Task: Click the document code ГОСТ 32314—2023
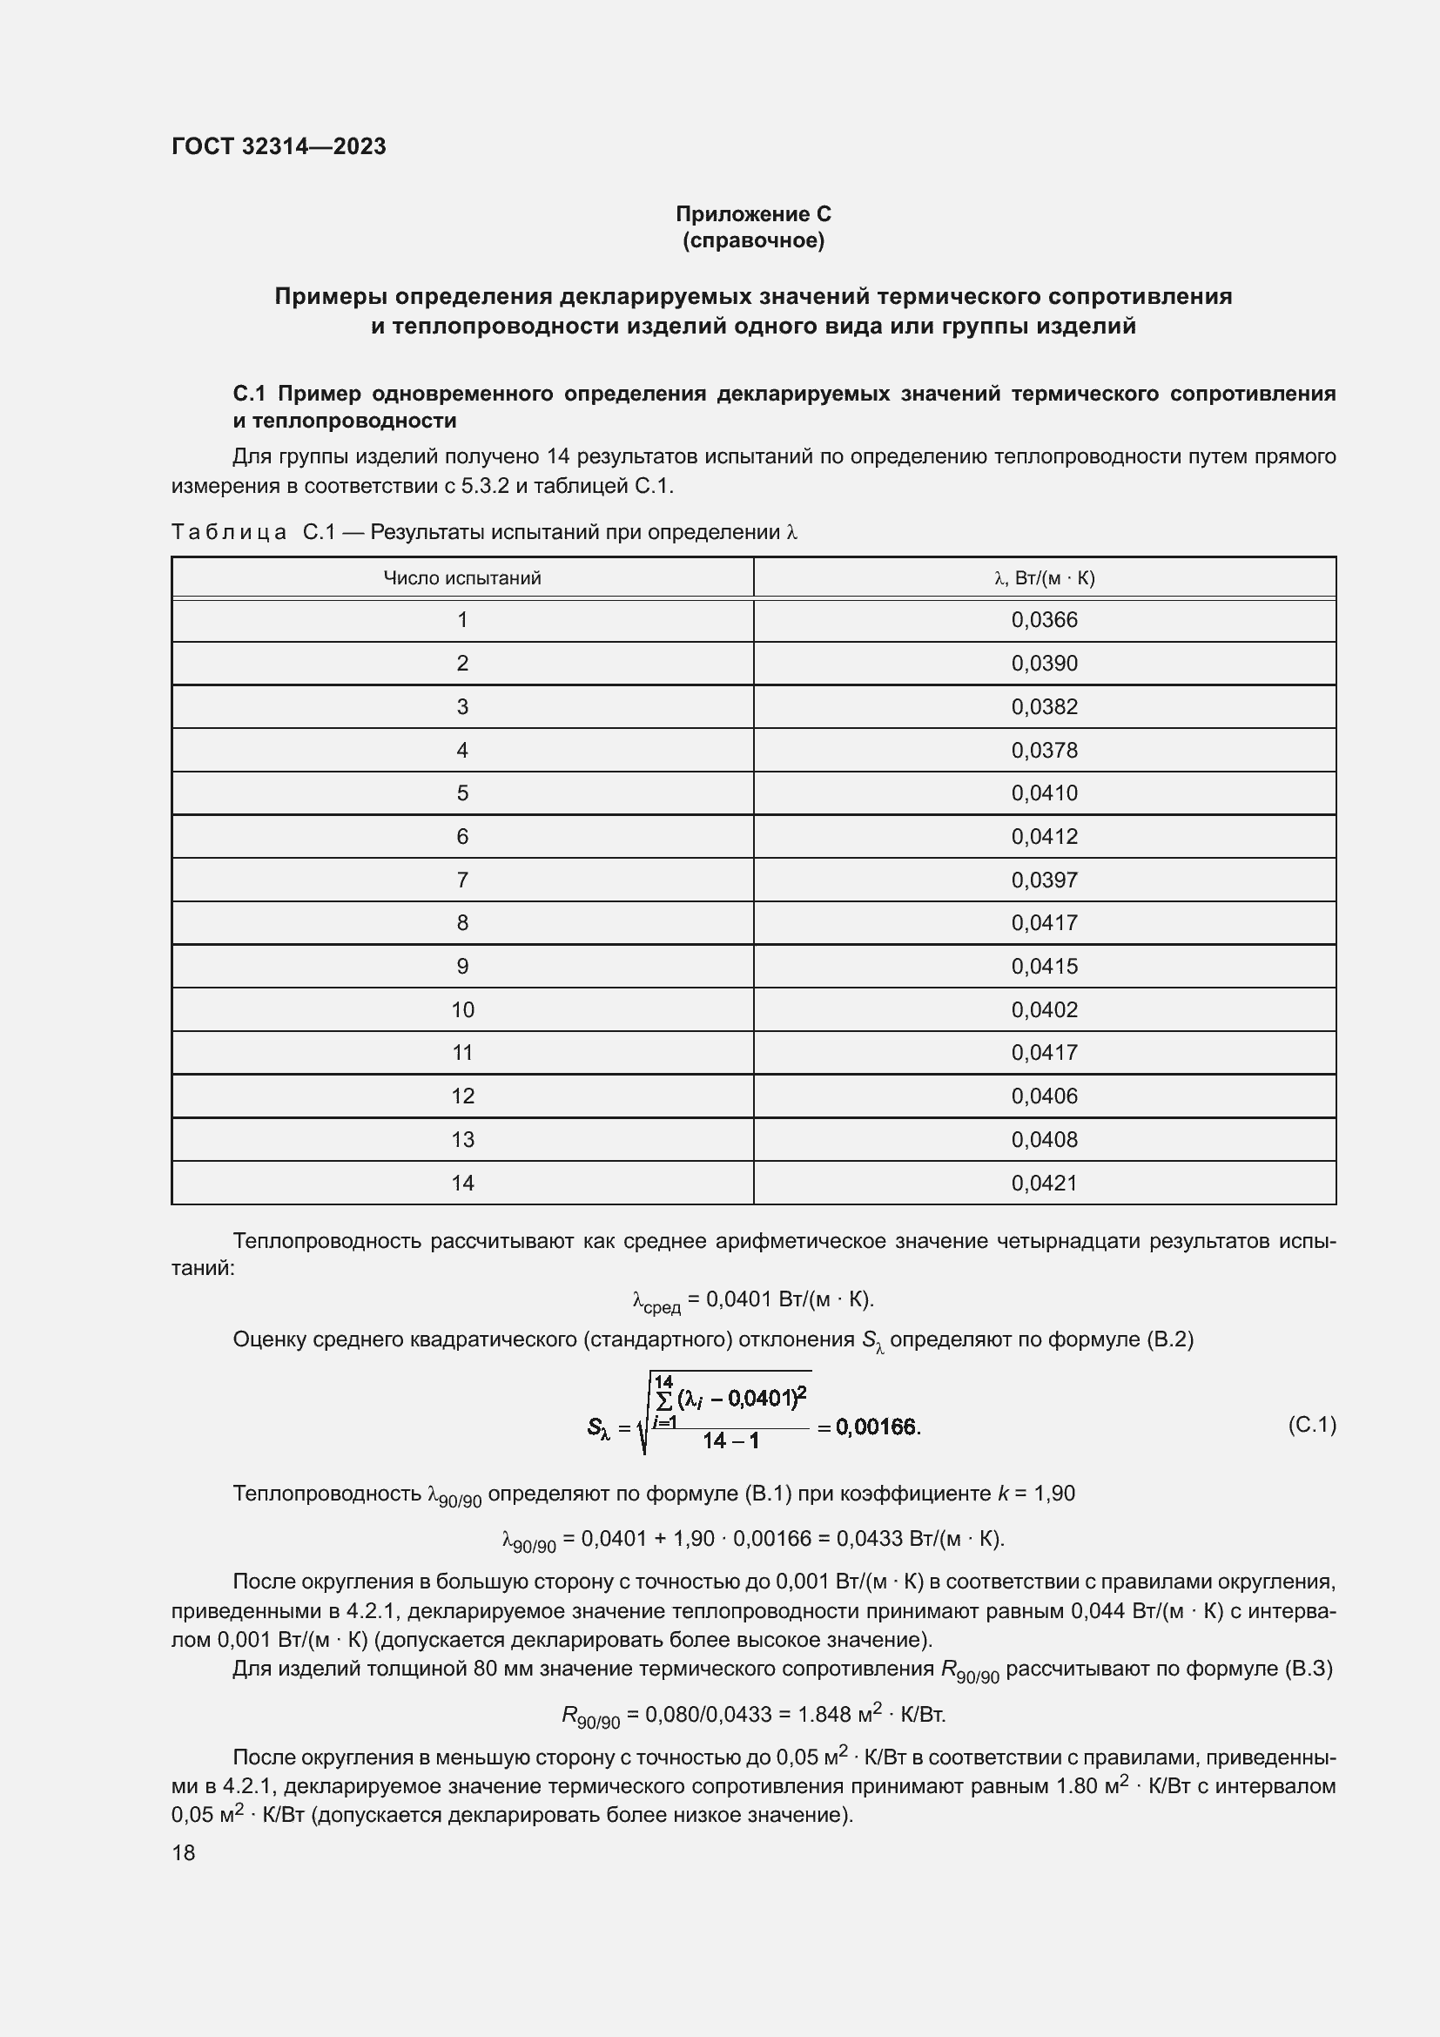point(279,146)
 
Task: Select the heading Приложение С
point(753,214)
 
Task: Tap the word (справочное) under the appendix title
point(753,240)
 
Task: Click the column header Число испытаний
point(462,578)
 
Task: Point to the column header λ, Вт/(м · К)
point(1044,578)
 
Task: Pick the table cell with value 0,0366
point(1044,620)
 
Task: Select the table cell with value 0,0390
point(1044,664)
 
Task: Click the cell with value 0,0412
point(1044,837)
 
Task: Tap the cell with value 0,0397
point(1044,880)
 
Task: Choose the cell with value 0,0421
point(1044,1183)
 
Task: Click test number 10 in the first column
point(462,1009)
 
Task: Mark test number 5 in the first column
point(462,793)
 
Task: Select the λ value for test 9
point(1044,966)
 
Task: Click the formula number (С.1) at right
point(1310,1425)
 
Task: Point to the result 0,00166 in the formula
point(877,1427)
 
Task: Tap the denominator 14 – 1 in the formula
point(730,1440)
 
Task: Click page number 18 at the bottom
point(184,1852)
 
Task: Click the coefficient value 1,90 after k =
point(1054,1494)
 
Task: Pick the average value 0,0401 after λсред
point(738,1298)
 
